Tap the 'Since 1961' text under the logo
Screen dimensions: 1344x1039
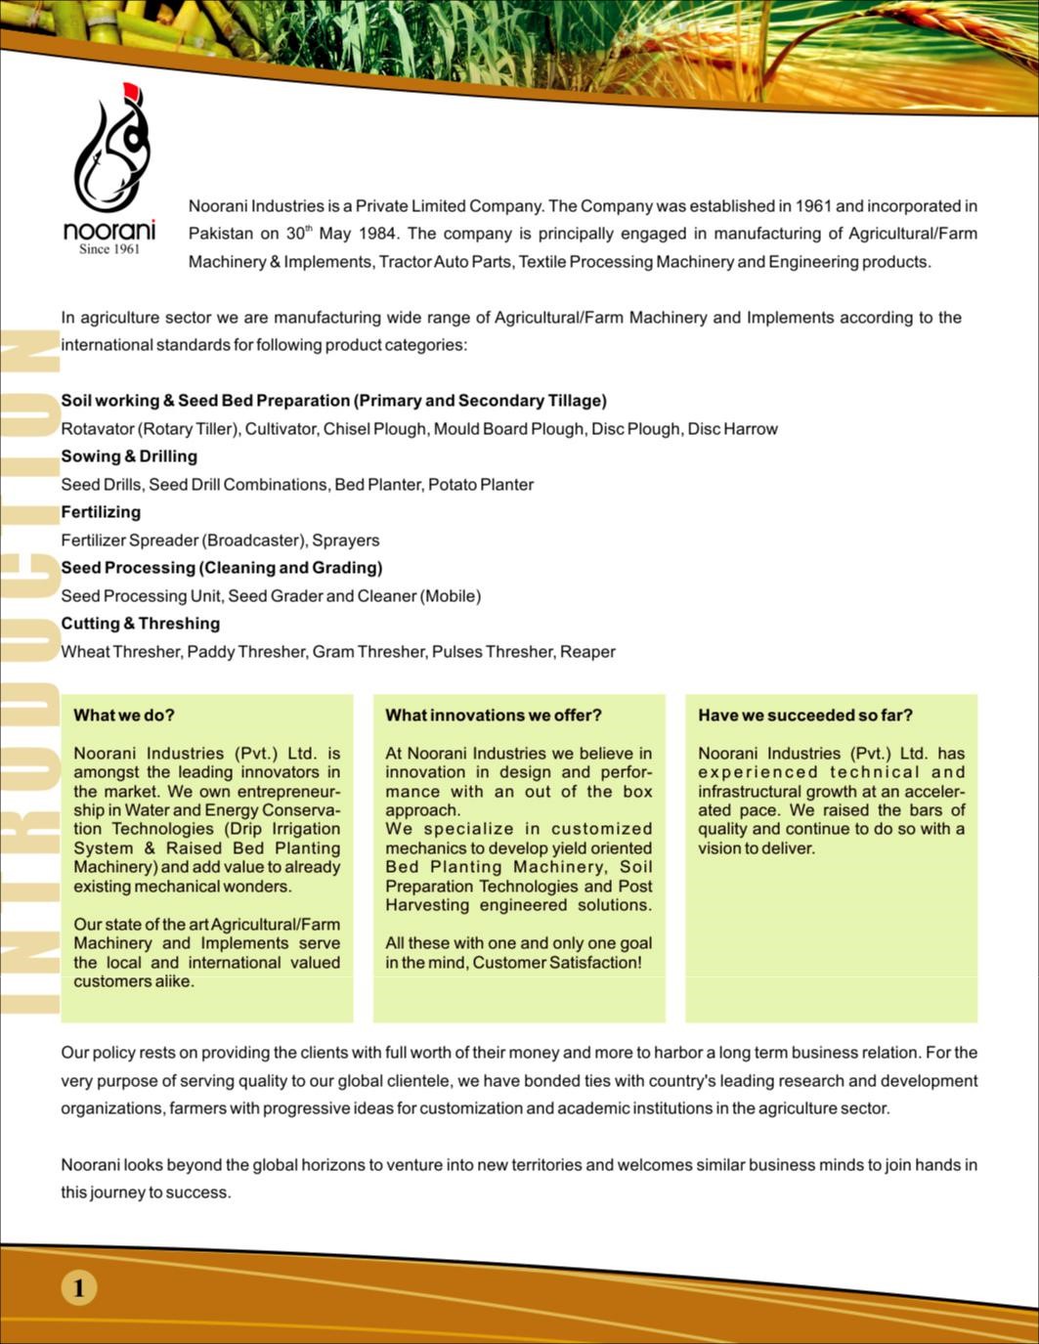pos(109,249)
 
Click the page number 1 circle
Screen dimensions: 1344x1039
pos(79,1287)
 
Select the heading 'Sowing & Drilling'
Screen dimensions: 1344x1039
pos(129,456)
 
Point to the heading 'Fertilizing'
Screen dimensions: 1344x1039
pos(101,512)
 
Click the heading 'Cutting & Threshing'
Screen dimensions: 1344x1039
pos(140,624)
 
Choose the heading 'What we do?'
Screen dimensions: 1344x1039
pos(124,715)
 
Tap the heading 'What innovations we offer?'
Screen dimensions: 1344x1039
pos(494,715)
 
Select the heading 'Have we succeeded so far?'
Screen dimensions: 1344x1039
pos(805,715)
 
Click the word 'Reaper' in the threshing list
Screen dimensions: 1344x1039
pos(587,652)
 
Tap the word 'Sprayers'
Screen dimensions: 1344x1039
pos(346,541)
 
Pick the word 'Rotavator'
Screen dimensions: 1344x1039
pos(97,429)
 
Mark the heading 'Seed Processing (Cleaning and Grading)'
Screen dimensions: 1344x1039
pos(222,568)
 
